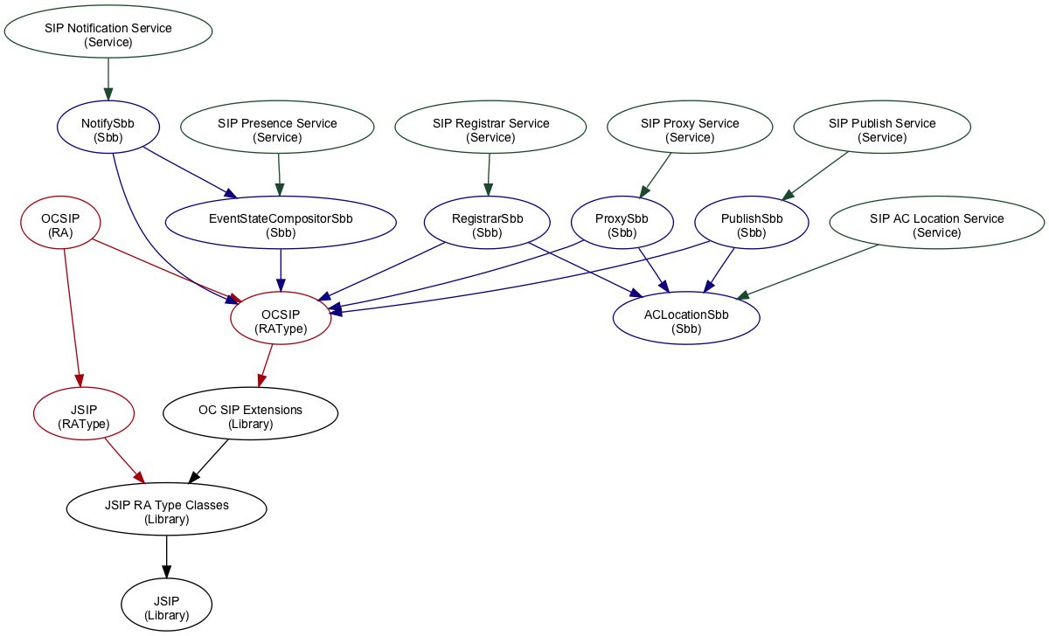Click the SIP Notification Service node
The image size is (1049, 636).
[108, 35]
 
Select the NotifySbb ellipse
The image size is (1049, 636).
[108, 130]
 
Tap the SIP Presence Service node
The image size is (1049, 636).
[277, 130]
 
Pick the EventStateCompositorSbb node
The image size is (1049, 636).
[281, 225]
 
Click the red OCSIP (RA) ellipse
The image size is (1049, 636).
[60, 225]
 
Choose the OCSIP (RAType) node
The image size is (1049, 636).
[281, 321]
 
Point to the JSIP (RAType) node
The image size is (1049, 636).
[83, 416]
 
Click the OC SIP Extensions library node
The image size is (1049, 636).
[250, 416]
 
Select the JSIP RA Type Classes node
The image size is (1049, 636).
[166, 511]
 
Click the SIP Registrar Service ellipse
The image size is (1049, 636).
[490, 130]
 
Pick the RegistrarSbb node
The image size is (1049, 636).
[487, 225]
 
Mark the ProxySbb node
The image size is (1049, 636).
[622, 225]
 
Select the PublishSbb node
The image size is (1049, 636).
[752, 225]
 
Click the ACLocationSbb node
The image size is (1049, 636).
[686, 321]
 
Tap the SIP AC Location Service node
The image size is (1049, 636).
[936, 225]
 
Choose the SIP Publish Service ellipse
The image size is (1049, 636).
[882, 130]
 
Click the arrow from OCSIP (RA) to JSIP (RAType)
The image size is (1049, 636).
[72, 315]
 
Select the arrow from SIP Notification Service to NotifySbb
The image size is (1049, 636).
[108, 80]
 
